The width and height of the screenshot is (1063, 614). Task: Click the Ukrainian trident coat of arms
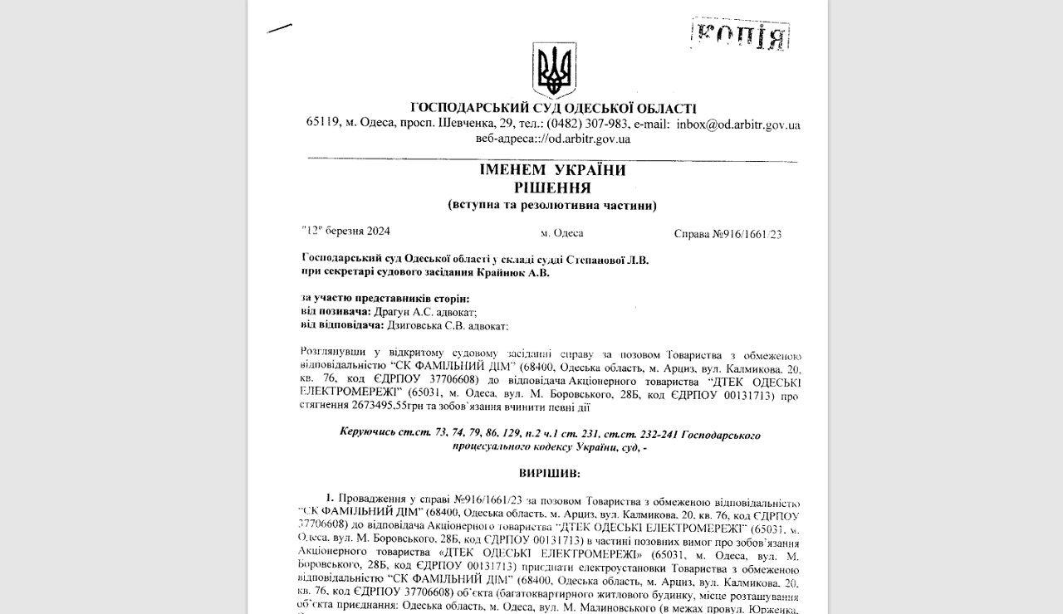click(554, 71)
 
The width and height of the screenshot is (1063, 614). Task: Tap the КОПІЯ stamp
click(740, 35)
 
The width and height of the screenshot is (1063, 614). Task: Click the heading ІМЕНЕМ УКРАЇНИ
click(552, 170)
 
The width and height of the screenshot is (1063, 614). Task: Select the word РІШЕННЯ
click(552, 188)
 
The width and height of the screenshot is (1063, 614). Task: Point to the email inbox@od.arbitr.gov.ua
click(738, 124)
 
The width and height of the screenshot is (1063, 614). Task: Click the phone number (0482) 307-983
click(587, 124)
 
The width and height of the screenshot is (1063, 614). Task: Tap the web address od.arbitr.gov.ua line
click(552, 139)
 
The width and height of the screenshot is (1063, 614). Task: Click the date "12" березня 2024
click(345, 231)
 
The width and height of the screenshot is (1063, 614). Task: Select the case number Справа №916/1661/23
click(727, 234)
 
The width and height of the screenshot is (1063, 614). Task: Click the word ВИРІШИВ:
click(550, 474)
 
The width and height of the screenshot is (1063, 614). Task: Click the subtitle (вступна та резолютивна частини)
click(552, 205)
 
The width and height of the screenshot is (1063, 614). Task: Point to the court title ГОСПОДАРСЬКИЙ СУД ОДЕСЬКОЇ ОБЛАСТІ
click(553, 108)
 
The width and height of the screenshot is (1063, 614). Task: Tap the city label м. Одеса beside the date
click(561, 233)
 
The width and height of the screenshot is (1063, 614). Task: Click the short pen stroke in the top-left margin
click(279, 28)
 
